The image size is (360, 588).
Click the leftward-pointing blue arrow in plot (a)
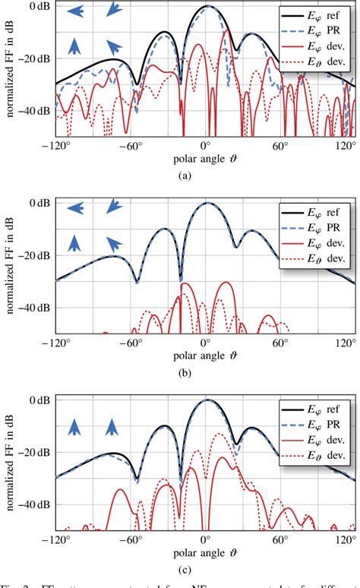[x=74, y=11]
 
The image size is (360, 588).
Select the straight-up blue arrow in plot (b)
[x=75, y=242]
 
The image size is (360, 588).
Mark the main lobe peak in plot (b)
[x=207, y=203]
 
